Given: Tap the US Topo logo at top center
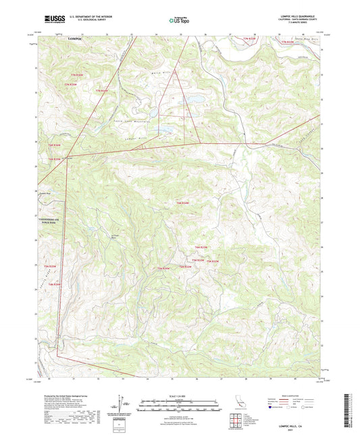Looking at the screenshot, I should (x=180, y=21).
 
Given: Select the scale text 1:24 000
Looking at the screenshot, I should (x=180, y=395).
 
